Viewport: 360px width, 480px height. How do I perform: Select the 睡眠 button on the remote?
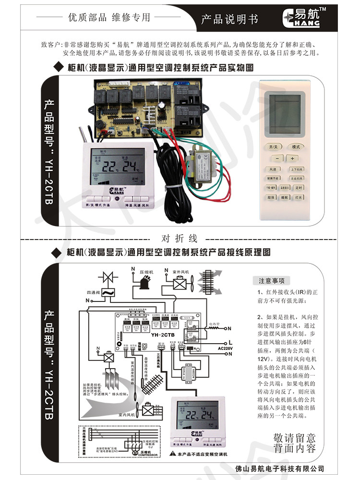pyautogui.click(x=285, y=197)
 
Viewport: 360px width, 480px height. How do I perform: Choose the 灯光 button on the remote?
pyautogui.click(x=299, y=197)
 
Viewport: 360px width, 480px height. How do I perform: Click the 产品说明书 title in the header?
pyautogui.click(x=229, y=19)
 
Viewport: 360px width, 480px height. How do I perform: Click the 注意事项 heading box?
pyautogui.click(x=272, y=281)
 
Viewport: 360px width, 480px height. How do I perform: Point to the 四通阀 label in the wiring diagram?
pyautogui.click(x=93, y=292)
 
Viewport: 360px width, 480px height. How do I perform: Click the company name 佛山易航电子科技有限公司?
pyautogui.click(x=281, y=469)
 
